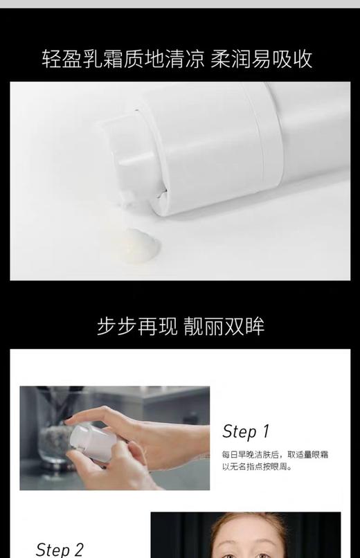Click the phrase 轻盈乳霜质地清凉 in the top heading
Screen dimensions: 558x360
coord(123,58)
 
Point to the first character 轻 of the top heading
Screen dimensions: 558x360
coord(53,58)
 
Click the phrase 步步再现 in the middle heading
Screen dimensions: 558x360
coord(136,326)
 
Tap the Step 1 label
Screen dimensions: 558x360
coord(245,432)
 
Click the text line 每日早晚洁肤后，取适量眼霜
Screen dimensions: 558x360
coord(274,455)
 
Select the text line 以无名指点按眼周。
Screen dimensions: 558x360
coord(257,467)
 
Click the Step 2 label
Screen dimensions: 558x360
coord(60,550)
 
